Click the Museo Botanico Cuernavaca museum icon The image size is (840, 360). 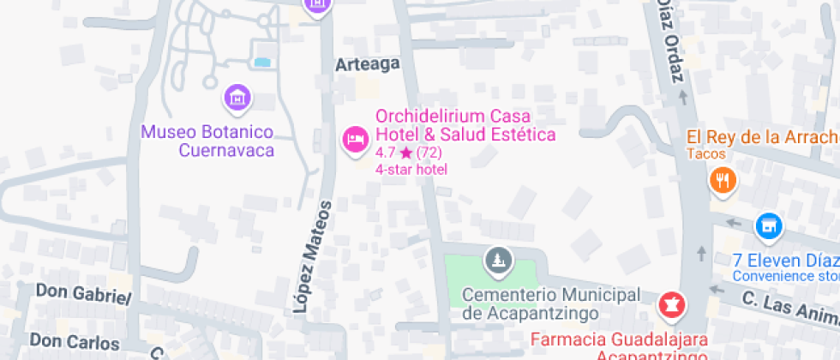tap(237, 98)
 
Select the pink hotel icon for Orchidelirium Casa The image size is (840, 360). tap(354, 139)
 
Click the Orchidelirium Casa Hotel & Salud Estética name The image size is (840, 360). tap(465, 125)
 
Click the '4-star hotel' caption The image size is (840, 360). tap(411, 169)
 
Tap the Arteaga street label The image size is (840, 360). tap(368, 65)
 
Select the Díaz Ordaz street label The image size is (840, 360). tap(670, 39)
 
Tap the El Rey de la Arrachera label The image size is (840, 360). tap(762, 137)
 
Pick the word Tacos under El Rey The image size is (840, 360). tap(705, 154)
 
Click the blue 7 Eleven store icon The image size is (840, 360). tap(769, 226)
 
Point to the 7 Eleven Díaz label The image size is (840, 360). tap(785, 260)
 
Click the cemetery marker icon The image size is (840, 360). tap(495, 260)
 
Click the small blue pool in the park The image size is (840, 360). tap(262, 62)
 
